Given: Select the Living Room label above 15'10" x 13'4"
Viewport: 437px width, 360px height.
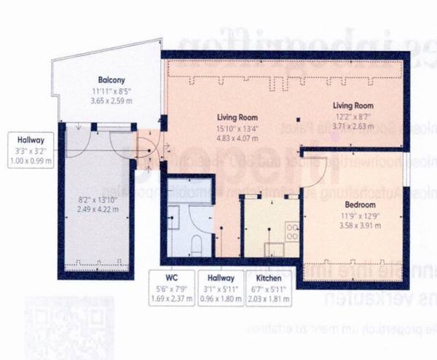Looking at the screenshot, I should pos(238,117).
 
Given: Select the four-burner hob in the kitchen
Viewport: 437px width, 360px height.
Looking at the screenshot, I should pos(292,233).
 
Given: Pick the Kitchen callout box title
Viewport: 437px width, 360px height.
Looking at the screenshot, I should pos(268,278).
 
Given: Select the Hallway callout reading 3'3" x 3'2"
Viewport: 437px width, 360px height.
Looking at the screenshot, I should pos(30,149).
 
